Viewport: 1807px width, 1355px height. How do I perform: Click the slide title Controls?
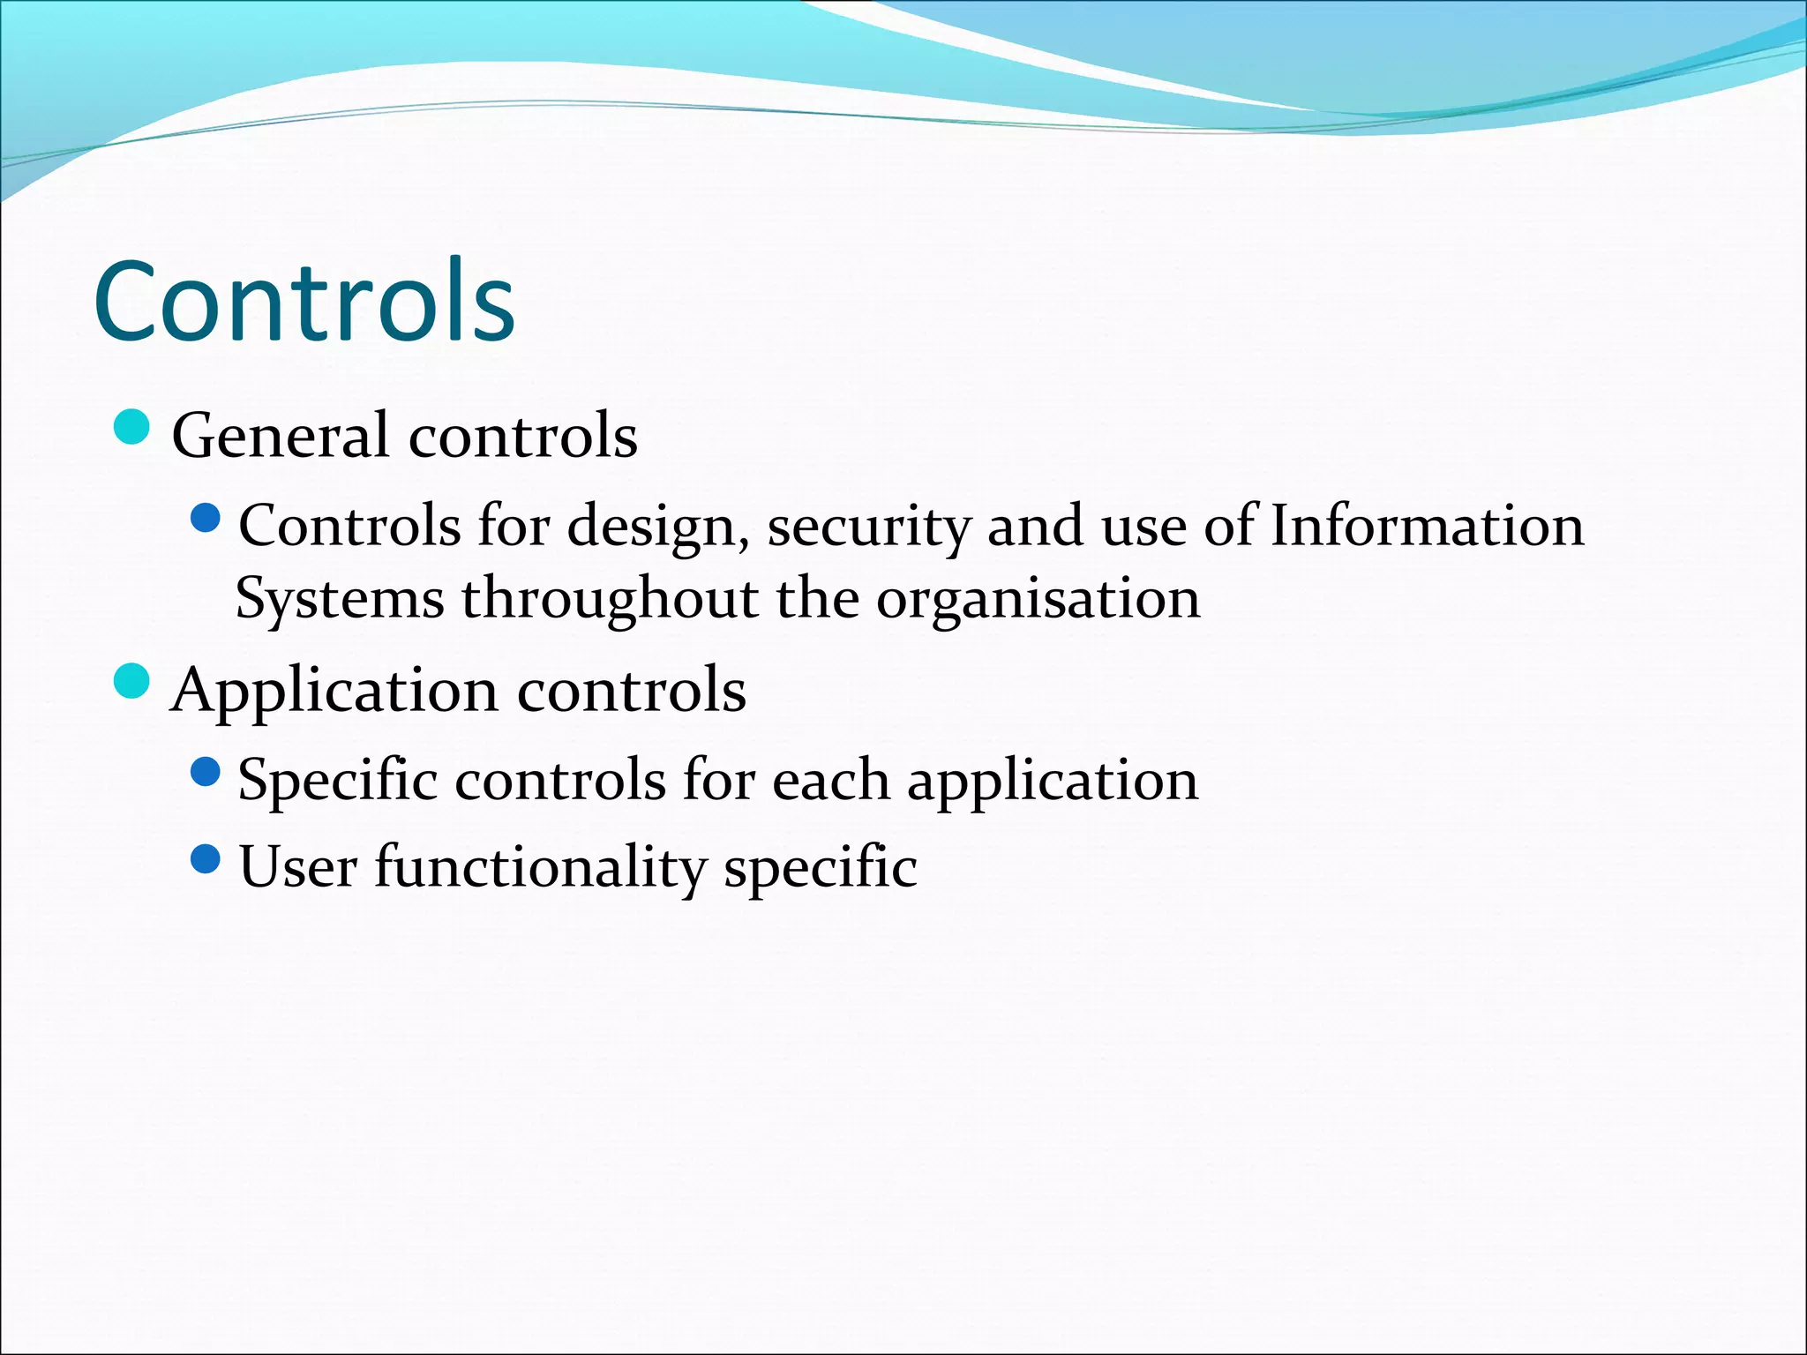[x=304, y=302]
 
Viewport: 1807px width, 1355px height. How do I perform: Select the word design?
[x=658, y=527]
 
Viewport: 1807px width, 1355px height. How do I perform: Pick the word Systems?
[x=340, y=599]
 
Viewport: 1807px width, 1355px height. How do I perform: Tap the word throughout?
[x=610, y=599]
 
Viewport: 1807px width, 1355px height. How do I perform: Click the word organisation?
[x=1038, y=599]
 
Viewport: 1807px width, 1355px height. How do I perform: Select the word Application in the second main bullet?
[x=335, y=691]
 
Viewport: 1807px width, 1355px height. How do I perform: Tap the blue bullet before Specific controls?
[x=205, y=772]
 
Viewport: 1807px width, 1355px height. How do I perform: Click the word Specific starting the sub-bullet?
[x=338, y=781]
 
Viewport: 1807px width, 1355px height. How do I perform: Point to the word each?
[x=830, y=781]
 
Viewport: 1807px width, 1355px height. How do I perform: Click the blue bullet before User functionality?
[x=205, y=858]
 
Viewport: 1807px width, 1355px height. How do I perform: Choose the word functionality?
[x=540, y=866]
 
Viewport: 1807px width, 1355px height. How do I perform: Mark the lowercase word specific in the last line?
[x=821, y=866]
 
